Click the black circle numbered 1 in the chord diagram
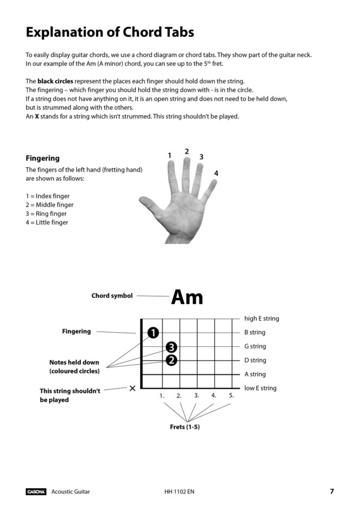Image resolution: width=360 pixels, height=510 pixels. click(153, 333)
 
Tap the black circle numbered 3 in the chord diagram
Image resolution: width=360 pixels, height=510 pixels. click(171, 347)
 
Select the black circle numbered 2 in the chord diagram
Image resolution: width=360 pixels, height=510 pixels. click(171, 360)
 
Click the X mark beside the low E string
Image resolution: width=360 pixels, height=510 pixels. click(132, 388)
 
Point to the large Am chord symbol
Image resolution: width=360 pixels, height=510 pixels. click(187, 297)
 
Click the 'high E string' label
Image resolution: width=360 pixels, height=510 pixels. click(261, 319)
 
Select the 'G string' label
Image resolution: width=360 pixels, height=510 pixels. click(255, 346)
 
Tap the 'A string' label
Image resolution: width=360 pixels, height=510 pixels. click(255, 374)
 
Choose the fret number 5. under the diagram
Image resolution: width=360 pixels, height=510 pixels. click(232, 395)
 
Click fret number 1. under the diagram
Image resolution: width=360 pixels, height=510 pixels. click(162, 396)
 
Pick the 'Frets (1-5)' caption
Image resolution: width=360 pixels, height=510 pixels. click(185, 427)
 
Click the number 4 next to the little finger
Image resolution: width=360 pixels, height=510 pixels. click(216, 174)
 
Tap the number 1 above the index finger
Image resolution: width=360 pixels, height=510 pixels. click(169, 156)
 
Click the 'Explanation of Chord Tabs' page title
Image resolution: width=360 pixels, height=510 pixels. click(110, 32)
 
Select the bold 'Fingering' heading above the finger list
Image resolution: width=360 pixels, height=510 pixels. click(42, 158)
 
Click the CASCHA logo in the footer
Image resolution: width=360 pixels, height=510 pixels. click(36, 491)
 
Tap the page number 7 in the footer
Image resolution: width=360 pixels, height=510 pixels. click(332, 491)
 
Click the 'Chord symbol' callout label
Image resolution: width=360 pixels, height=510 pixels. click(112, 296)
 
